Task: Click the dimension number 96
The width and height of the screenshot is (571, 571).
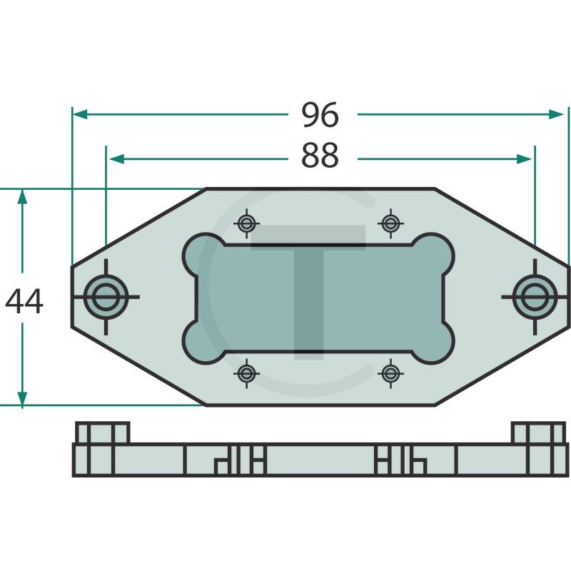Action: [x=320, y=115]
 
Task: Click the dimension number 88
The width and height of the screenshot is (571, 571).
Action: [x=320, y=156]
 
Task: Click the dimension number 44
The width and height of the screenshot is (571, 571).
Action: [x=24, y=301]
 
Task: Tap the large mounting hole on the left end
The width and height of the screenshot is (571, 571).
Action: [x=106, y=297]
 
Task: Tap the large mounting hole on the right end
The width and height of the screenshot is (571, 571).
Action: [x=535, y=297]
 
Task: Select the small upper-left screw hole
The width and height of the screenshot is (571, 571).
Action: [x=246, y=223]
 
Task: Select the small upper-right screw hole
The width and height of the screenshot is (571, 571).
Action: [x=390, y=223]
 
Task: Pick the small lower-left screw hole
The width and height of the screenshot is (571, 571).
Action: [x=246, y=373]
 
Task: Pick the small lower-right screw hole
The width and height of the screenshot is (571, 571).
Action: [x=390, y=373]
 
